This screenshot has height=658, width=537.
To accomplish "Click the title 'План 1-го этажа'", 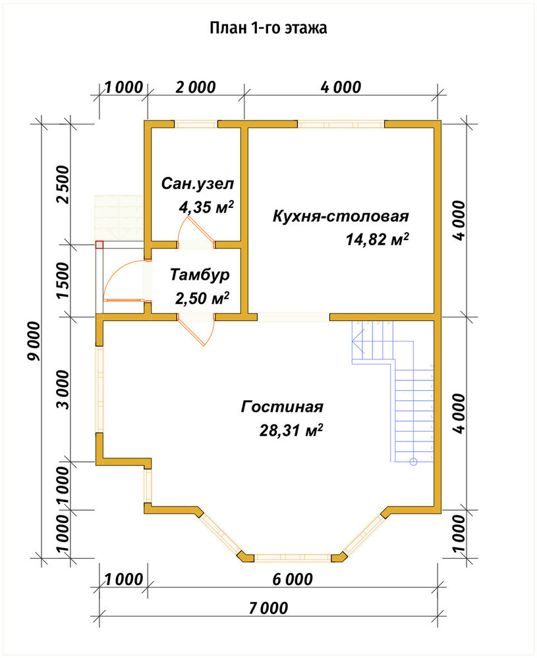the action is (x=268, y=28).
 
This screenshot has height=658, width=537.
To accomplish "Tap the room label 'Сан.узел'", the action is (x=198, y=184).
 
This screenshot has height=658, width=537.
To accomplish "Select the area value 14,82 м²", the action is (x=378, y=240).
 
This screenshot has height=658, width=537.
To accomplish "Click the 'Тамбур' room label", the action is (x=200, y=274).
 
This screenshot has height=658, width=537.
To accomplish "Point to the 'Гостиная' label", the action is (x=282, y=407).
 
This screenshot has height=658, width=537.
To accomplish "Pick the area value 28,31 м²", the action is (x=291, y=430).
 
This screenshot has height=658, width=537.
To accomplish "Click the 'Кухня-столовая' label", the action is (x=341, y=216).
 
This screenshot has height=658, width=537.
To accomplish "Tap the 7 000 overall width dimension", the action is (x=269, y=607).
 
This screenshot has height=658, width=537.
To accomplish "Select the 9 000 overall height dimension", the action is (x=34, y=341).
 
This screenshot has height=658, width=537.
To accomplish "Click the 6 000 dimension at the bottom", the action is (x=293, y=579).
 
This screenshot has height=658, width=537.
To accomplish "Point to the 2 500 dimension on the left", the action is (x=63, y=185).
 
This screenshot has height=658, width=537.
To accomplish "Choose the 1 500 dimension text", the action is (x=63, y=280).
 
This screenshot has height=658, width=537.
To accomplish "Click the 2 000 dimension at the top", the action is (x=196, y=88).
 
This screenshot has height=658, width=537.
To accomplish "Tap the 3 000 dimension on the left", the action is (x=63, y=389).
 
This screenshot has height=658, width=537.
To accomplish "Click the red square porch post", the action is (x=99, y=245).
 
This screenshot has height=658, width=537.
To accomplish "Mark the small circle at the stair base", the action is (x=413, y=462).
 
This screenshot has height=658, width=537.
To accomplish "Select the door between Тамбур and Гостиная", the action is (x=196, y=330).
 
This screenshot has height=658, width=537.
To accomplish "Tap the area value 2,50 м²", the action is (x=202, y=298).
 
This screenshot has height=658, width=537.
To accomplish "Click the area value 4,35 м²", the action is (x=206, y=207).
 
